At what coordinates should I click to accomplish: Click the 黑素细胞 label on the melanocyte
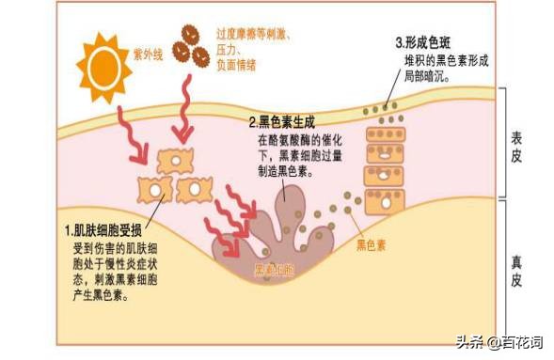point(275,271)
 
